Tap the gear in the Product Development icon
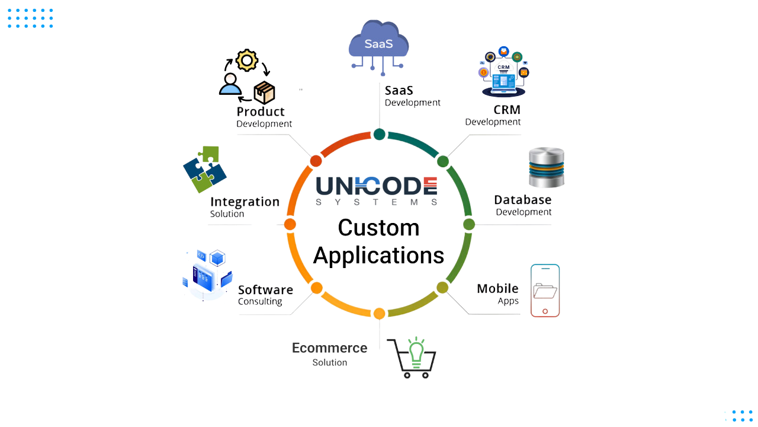[x=247, y=60]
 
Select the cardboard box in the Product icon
[x=264, y=92]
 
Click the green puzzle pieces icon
[x=205, y=169]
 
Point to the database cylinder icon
[x=547, y=167]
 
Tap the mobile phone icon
[x=545, y=291]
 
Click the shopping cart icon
[x=412, y=358]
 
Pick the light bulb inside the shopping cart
[x=416, y=352]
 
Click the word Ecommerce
[x=330, y=348]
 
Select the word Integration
[x=245, y=202]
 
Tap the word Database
[x=523, y=200]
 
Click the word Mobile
[x=497, y=288]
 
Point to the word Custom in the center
[x=378, y=227]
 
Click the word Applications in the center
[x=378, y=256]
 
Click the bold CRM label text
[x=507, y=110]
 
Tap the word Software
[x=265, y=290]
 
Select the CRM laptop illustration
[x=503, y=72]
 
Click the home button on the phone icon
[x=545, y=311]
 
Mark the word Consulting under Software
[x=260, y=301]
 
